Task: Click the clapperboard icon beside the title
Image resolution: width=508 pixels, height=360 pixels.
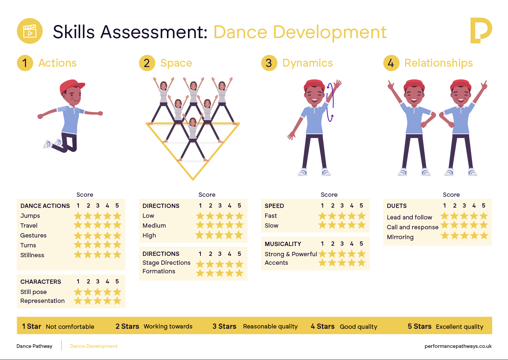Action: coord(30,31)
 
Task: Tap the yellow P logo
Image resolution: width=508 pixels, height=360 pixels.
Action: coord(481,30)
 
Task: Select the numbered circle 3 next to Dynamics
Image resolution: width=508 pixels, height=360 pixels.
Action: coord(269,63)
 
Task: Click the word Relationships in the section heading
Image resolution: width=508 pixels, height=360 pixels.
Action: coord(438,63)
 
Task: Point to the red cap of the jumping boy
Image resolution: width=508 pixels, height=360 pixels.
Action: coord(72,86)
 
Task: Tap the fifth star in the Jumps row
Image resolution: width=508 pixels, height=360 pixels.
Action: coord(117,215)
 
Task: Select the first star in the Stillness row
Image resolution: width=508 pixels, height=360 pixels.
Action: coord(78,255)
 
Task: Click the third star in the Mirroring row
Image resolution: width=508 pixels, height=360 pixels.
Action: coord(464,236)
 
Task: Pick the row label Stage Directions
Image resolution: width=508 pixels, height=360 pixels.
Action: coord(166,262)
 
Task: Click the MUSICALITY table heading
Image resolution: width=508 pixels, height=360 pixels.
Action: coord(283,244)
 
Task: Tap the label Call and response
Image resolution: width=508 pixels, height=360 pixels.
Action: coord(412,227)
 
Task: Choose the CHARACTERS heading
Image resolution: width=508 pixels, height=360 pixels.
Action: coord(41,281)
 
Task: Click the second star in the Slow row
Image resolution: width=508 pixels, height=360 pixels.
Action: coord(332,225)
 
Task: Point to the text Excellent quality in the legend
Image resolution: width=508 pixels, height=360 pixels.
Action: coord(459,327)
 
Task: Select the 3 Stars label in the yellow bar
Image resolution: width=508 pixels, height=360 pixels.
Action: coord(224,326)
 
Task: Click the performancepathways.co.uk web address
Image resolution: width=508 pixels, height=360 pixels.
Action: coord(458,346)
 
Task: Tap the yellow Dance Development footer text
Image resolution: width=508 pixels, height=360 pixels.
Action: coord(94,346)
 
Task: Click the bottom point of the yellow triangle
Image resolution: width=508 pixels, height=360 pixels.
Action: coord(193,180)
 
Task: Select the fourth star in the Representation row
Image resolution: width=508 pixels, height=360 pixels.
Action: coord(107,301)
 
